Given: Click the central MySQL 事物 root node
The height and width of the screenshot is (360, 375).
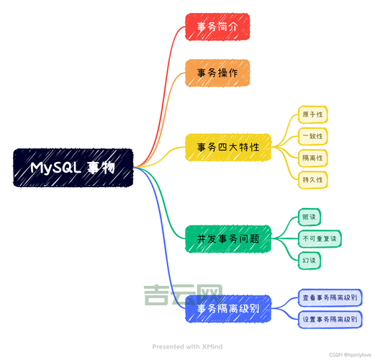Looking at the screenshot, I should [x=73, y=168].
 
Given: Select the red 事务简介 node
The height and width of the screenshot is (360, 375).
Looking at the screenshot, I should [x=217, y=27].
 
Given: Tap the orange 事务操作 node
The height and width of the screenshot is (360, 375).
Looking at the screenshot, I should [x=217, y=73].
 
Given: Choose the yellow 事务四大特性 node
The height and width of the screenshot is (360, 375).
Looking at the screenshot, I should [x=228, y=148].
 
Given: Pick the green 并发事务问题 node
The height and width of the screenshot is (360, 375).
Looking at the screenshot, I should [x=228, y=238].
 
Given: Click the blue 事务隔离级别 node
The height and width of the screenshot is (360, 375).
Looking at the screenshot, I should [x=228, y=309].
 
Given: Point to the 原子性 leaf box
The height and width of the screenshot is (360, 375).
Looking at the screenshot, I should [x=313, y=115].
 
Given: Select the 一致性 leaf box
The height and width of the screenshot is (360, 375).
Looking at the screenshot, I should [x=313, y=136].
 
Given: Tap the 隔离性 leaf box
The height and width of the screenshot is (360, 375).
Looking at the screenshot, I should [x=313, y=157].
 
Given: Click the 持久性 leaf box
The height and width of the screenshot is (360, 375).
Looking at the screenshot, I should [x=313, y=178].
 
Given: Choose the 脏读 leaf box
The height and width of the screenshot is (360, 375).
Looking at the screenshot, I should [x=309, y=217].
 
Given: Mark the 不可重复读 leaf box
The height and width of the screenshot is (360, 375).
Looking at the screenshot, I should [x=320, y=238].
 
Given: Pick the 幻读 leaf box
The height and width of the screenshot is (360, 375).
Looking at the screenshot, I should [x=309, y=260].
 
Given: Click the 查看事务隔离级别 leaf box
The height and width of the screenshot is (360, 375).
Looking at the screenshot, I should [x=329, y=297].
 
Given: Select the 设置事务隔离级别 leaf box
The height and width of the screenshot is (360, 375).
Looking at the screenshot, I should [x=329, y=319].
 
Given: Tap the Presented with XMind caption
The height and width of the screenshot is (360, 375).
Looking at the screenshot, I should [x=187, y=346].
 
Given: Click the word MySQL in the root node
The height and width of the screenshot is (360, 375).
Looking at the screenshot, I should [x=55, y=168].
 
